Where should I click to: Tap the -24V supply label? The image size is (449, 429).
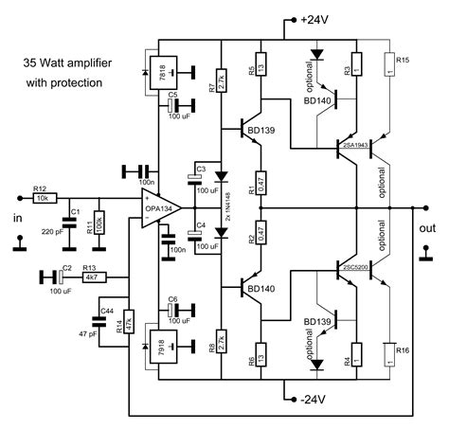(314, 398)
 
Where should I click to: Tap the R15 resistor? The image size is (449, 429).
(390, 65)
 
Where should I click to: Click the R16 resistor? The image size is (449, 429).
(390, 355)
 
